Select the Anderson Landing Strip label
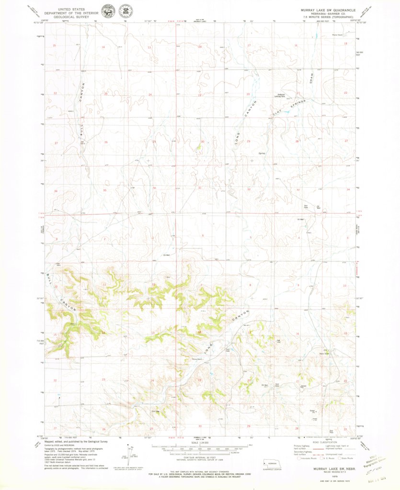(x=280, y=95)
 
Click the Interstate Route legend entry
(x=305, y=458)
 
